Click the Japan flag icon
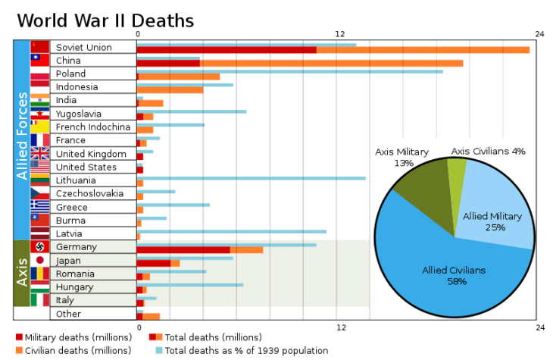coord(39,261)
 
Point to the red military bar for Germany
coord(183,250)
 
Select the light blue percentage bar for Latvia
coord(232,232)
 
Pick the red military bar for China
coord(168,63)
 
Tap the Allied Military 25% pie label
coord(492,221)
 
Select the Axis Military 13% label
coord(403,157)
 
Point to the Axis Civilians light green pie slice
coord(457,174)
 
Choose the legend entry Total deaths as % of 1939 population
coord(245,350)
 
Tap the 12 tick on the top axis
coord(340,34)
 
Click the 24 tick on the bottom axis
coord(539,327)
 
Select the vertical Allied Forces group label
coord(22,136)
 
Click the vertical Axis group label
coord(22,273)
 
